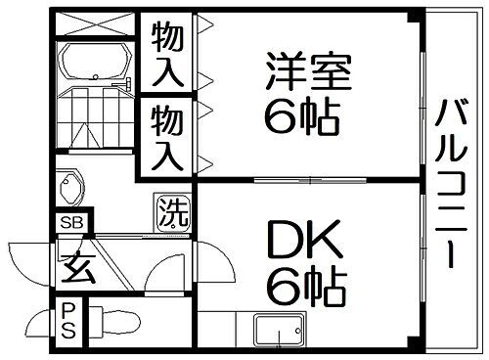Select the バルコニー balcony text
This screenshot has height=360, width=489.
451,182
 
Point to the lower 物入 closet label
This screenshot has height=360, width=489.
167,137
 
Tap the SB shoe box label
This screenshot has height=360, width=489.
71,222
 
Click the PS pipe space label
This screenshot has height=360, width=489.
68,318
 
